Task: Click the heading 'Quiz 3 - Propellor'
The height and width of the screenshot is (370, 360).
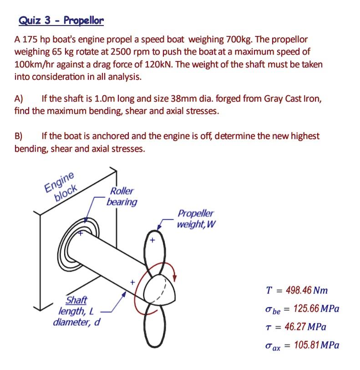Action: tap(61, 21)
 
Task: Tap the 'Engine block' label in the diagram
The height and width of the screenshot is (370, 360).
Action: tap(61, 187)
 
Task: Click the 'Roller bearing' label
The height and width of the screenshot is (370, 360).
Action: tap(122, 196)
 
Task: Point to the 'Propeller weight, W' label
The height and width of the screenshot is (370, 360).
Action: tap(195, 219)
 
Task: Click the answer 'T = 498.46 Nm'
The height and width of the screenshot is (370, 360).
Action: tap(297, 290)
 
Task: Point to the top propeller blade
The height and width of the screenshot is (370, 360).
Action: tap(152, 246)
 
